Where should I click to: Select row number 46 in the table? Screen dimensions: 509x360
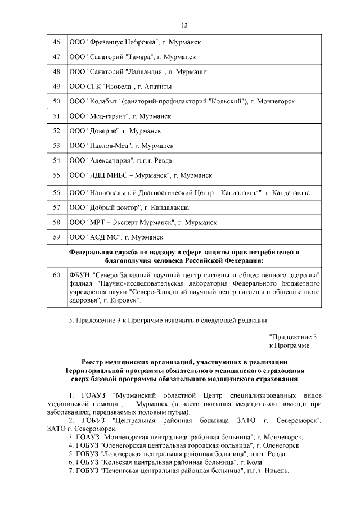click(x=56, y=42)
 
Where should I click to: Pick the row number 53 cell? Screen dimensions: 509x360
click(x=56, y=146)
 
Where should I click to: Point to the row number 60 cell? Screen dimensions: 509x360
click(x=56, y=275)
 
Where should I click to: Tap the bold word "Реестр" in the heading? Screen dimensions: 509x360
click(x=93, y=362)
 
